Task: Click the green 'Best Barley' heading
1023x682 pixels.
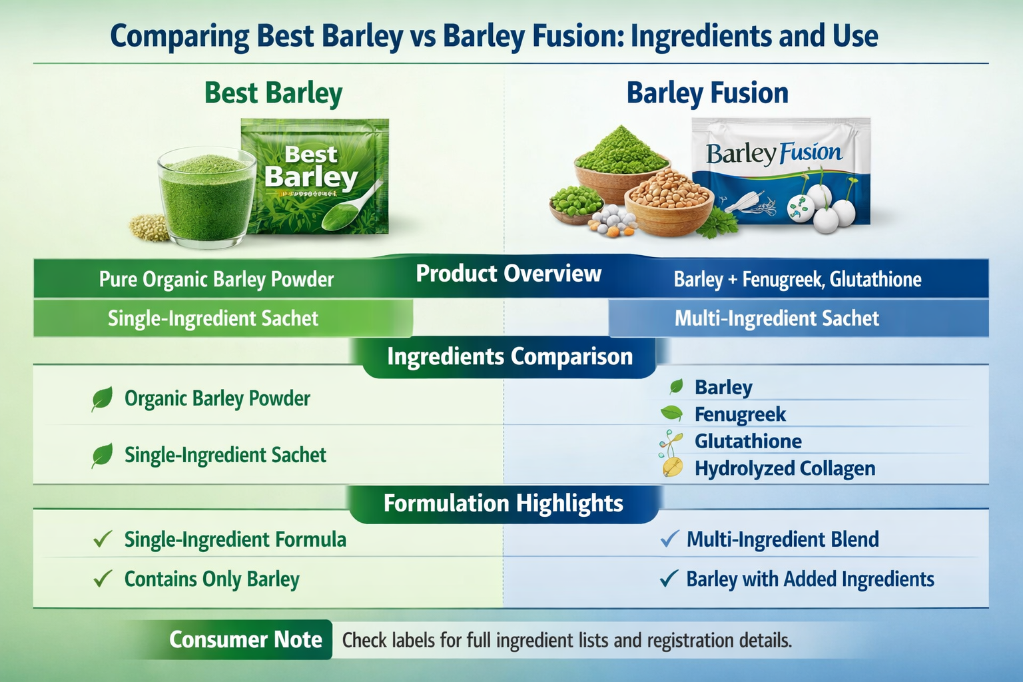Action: [x=273, y=93]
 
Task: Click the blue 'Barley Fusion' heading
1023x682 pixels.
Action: [x=707, y=93]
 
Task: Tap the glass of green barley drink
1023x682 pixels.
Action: [x=206, y=196]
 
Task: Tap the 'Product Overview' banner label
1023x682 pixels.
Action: [x=508, y=274]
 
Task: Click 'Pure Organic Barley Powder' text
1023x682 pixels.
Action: [x=216, y=279]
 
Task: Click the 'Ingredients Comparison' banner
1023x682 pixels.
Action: [x=510, y=357]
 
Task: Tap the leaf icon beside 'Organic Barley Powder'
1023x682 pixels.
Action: [x=102, y=399]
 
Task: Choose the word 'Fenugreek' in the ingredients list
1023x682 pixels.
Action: [x=740, y=414]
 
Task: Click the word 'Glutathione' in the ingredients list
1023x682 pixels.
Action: [x=748, y=441]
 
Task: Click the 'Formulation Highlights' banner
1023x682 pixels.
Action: [x=504, y=504]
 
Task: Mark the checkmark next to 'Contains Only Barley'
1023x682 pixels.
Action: [x=103, y=579]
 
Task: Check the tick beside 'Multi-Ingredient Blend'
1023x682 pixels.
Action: [x=669, y=539]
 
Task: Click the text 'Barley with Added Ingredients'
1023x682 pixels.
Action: [x=810, y=579]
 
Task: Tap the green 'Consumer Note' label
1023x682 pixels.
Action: [x=245, y=639]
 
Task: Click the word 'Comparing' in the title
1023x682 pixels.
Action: [x=179, y=36]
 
